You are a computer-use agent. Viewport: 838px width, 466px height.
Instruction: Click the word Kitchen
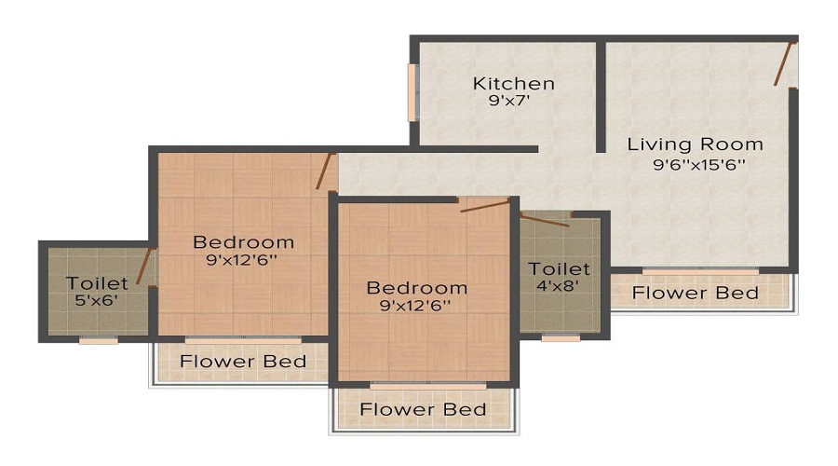click(513, 83)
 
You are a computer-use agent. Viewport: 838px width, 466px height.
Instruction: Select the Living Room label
click(695, 144)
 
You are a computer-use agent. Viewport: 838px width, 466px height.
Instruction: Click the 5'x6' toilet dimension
click(96, 300)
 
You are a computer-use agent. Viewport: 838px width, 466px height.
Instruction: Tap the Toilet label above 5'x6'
click(97, 282)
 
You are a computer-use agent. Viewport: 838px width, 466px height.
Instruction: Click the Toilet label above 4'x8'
click(560, 268)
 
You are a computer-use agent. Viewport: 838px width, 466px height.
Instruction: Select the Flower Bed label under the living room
click(696, 293)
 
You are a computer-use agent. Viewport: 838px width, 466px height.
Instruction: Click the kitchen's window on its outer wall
click(412, 92)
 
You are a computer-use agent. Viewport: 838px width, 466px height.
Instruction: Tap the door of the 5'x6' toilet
click(144, 266)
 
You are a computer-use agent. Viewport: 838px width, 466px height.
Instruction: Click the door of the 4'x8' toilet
click(544, 220)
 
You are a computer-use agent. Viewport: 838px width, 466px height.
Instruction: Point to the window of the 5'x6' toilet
click(98, 340)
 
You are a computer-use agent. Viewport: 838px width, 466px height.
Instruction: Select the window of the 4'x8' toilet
click(561, 338)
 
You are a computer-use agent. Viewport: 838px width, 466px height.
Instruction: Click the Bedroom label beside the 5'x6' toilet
click(243, 242)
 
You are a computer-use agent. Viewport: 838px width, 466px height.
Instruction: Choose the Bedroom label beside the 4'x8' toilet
click(416, 287)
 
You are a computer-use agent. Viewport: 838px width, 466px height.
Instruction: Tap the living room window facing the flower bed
click(700, 271)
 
